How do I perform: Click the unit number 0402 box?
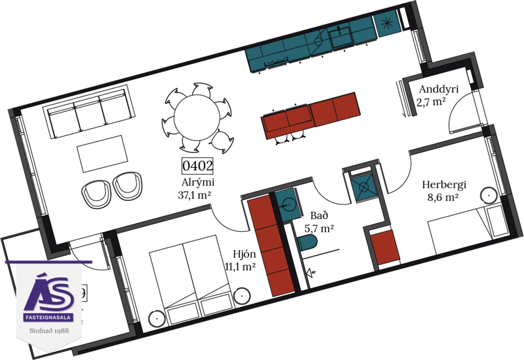198,166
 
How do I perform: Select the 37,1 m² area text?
193,195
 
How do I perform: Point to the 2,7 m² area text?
430,104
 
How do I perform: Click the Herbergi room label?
444,185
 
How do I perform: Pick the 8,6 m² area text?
443,198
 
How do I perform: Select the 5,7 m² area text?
319,228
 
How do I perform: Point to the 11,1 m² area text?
240,267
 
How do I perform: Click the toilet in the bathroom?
309,244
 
